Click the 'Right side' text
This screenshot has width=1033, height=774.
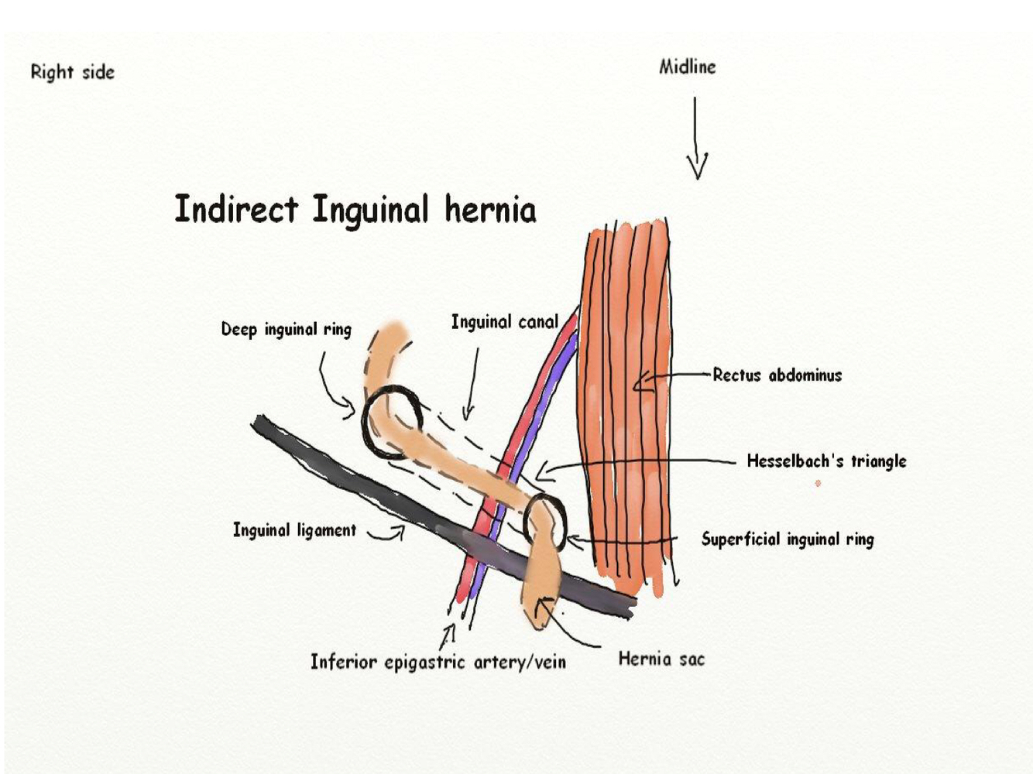[72, 72]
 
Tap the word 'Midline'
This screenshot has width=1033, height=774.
[687, 67]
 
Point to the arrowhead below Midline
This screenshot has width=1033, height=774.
[697, 166]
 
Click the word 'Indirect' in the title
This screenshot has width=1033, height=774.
[236, 209]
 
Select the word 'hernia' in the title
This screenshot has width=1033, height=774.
[490, 209]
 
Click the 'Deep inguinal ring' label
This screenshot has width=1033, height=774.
[286, 329]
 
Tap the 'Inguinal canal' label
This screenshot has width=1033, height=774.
[504, 322]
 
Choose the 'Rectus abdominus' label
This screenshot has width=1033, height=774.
[777, 375]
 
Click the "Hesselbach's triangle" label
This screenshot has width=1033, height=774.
[826, 461]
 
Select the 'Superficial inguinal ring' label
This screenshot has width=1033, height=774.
[788, 539]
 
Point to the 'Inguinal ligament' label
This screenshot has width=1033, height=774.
[294, 530]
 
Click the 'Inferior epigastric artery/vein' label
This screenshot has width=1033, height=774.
[438, 662]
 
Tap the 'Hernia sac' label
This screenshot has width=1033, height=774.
[661, 659]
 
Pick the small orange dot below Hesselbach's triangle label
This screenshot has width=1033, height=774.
[818, 484]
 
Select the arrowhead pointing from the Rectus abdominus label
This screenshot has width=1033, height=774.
[638, 381]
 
